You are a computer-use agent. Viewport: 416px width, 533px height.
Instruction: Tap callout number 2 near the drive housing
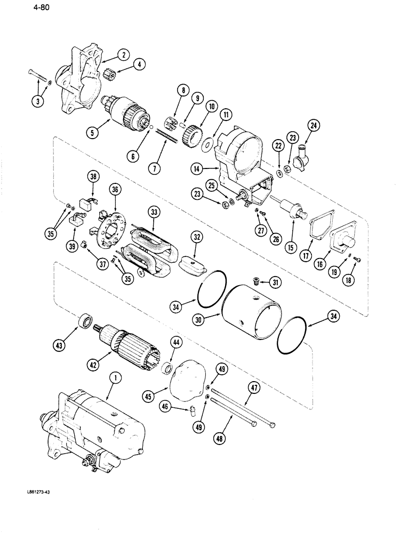point(123,55)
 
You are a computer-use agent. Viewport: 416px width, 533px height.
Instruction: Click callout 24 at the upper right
point(313,127)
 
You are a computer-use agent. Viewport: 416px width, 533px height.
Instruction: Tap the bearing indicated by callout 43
point(85,322)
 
